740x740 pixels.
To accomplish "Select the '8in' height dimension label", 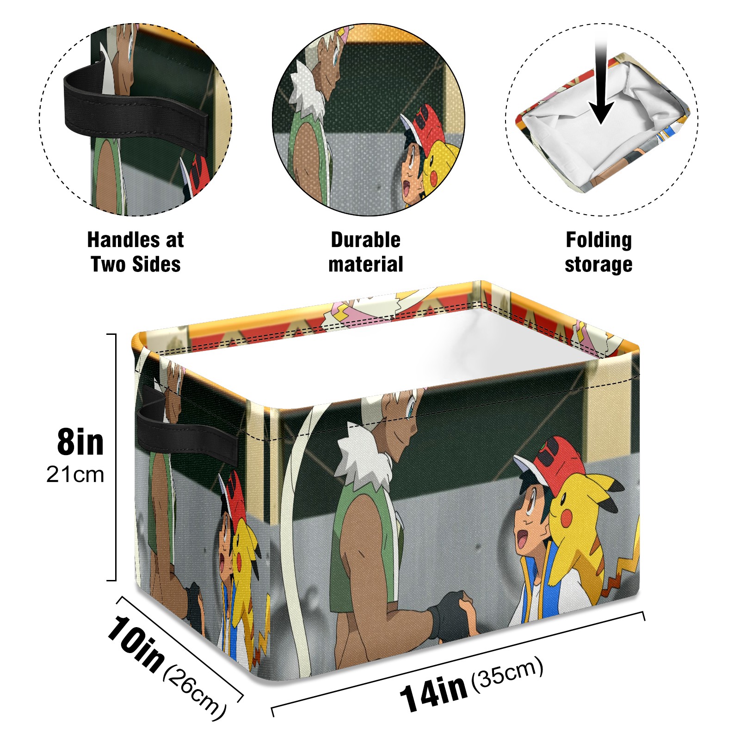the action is (x=80, y=442).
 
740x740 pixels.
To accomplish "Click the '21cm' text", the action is (x=75, y=475).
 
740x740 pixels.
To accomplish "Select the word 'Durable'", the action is (x=365, y=240).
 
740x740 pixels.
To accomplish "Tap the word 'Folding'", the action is (x=599, y=240).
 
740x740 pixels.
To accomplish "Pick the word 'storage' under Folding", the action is (x=598, y=265).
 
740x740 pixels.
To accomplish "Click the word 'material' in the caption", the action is (x=365, y=264).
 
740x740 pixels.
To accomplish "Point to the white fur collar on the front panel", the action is (x=365, y=462).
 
